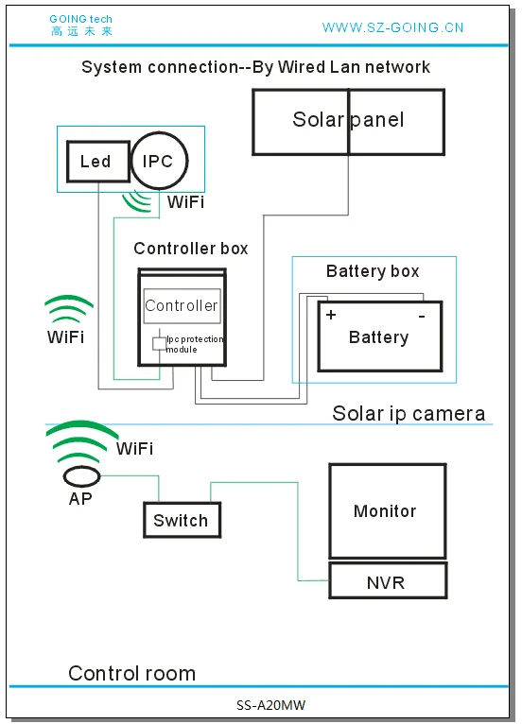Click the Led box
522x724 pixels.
96,162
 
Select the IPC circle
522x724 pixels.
158,161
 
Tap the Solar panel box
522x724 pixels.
348,121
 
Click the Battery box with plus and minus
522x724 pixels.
378,337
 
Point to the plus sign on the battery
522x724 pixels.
331,315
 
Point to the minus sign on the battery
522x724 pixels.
422,315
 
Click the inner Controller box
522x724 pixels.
182,305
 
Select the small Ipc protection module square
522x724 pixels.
159,342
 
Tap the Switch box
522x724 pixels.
181,521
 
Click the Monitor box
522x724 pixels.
386,511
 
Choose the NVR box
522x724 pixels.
386,581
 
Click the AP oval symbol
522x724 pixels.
82,475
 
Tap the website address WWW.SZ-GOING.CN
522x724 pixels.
392,27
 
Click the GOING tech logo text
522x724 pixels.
80,25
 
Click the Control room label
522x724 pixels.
131,673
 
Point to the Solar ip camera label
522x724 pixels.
409,413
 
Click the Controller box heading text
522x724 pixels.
191,249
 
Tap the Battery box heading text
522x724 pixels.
373,271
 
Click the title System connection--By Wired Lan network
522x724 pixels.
255,67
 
